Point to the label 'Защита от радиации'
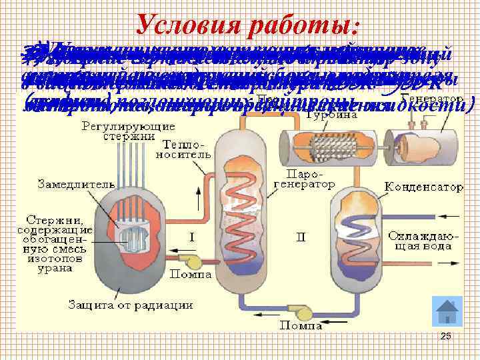pyautogui.click(x=131, y=305)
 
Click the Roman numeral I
pyautogui.click(x=191, y=237)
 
